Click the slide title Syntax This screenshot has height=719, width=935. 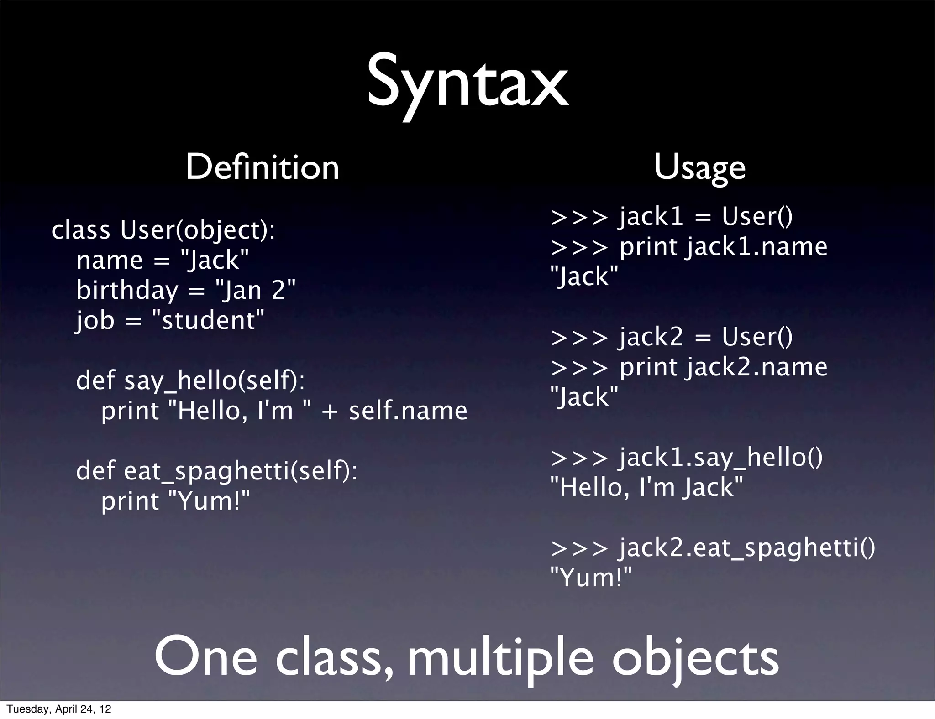(467, 84)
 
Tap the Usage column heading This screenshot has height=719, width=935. (699, 168)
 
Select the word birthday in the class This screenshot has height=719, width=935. (127, 290)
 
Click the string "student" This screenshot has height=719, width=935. (208, 320)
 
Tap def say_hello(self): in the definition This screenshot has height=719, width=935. (190, 380)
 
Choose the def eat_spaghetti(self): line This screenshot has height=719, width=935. (217, 470)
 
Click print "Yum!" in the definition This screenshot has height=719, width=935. (176, 500)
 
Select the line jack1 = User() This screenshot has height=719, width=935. (705, 216)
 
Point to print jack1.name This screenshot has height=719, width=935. (723, 246)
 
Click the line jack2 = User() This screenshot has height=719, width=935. (705, 337)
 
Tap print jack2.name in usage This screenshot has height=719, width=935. (723, 367)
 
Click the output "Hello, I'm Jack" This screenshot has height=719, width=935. (646, 487)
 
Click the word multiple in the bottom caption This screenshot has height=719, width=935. (500, 657)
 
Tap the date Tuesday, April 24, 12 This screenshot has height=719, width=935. (58, 709)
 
